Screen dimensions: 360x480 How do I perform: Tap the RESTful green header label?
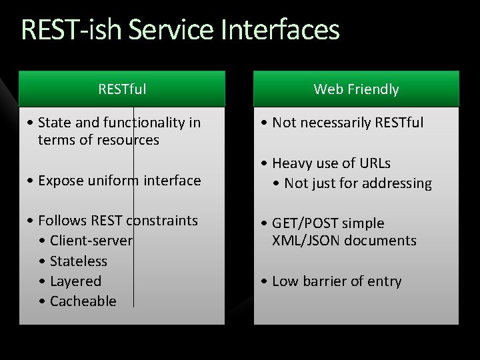[x=122, y=89]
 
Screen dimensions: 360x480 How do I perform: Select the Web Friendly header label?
[x=356, y=89]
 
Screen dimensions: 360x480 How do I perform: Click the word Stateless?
[x=78, y=261]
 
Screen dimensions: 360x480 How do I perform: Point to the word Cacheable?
[x=83, y=301]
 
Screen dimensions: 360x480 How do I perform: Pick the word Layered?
[x=75, y=281]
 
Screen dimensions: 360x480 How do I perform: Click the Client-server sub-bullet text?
[x=91, y=241]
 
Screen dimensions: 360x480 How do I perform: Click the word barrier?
[x=323, y=281]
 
